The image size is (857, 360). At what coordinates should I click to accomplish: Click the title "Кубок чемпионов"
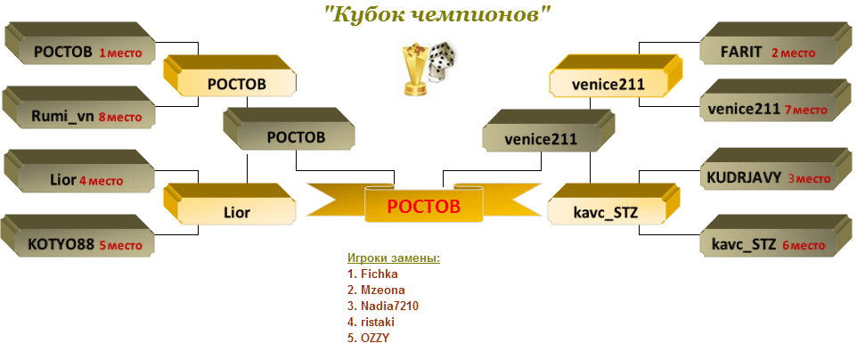[x=437, y=15]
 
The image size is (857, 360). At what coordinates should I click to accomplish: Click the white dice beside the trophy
[x=443, y=61]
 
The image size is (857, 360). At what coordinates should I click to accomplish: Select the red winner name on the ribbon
[x=423, y=206]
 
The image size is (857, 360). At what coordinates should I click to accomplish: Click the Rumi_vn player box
[x=80, y=107]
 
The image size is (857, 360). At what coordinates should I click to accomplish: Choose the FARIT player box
[x=775, y=44]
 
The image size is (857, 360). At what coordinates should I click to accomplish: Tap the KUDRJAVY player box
[x=775, y=169]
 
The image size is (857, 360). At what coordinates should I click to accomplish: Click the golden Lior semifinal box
[x=230, y=204]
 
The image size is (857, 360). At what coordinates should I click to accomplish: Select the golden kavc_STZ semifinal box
[x=613, y=204]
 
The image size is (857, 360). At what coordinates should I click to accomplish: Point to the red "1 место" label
[x=120, y=53]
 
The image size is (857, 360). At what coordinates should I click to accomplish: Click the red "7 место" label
[x=806, y=110]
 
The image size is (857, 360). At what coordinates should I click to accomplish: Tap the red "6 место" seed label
[x=803, y=246]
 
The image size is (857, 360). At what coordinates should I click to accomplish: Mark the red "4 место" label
[x=102, y=181]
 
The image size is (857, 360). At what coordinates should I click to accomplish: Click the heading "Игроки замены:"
[x=394, y=258]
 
